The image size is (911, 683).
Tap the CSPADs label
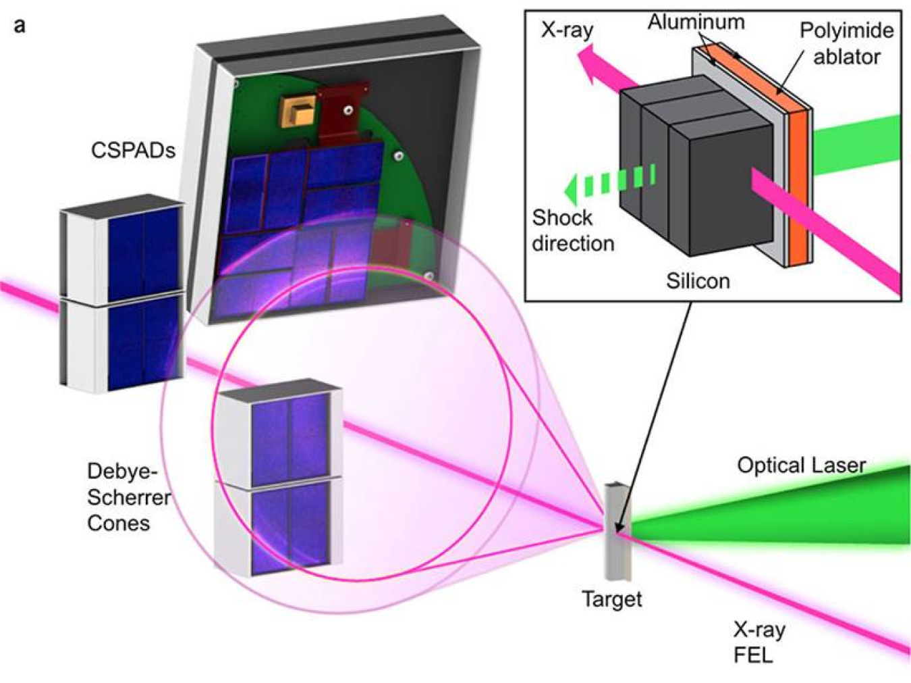pos(133,150)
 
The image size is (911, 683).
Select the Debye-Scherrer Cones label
pos(128,497)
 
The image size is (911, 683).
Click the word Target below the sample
pos(611,599)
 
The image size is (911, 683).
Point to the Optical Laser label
pos(801,465)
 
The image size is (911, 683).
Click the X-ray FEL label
pos(758,642)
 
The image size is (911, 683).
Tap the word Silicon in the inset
pos(698,280)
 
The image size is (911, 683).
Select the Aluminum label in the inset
pos(696,23)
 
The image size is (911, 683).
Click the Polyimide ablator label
pos(846,43)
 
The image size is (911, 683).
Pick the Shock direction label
pos(572,230)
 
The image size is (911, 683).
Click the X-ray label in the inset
pos(567,29)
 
